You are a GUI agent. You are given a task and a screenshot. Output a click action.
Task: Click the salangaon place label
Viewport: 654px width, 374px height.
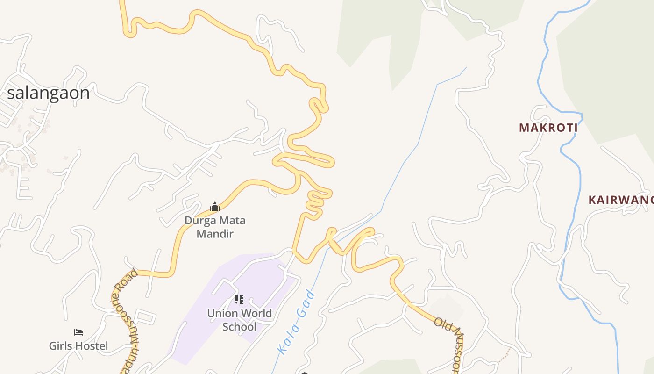[48, 93]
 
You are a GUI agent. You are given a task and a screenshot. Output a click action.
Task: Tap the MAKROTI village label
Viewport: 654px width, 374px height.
[548, 128]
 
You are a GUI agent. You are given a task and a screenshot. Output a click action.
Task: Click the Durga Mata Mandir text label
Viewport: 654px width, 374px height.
[215, 227]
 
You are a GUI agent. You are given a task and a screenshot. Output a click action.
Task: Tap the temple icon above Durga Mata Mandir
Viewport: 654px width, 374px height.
[215, 207]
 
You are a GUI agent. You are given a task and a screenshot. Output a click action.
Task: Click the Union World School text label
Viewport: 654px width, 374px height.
[240, 320]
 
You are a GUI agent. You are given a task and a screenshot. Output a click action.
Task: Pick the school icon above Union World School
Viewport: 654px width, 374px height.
[239, 300]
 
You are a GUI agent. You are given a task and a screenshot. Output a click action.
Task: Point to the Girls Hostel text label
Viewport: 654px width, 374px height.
[78, 346]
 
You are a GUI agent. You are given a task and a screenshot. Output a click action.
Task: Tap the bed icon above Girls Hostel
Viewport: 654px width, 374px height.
[78, 332]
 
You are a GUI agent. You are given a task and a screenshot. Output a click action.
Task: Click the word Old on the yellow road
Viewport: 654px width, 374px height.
[442, 324]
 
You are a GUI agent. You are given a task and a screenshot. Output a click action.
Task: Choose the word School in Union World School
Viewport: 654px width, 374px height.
[240, 326]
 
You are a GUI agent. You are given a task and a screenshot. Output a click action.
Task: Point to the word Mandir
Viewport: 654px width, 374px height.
[215, 234]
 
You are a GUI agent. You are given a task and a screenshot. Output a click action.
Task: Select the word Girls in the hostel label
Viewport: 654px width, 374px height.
[61, 346]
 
